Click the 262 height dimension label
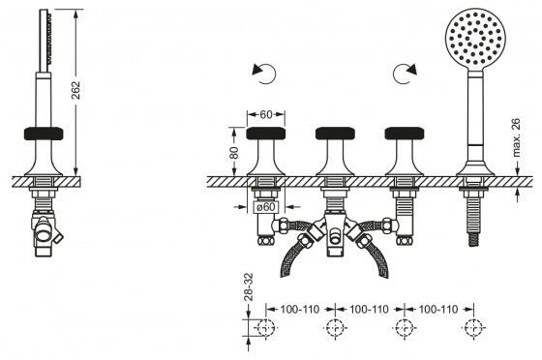(75, 90)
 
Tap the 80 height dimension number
(234, 152)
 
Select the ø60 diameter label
(266, 206)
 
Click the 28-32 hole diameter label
(249, 286)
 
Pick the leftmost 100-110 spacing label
(299, 310)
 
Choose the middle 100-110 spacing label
(369, 310)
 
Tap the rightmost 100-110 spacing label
(438, 310)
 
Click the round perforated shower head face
(474, 39)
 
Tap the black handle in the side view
(44, 134)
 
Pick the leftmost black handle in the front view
(266, 134)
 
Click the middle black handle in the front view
(335, 134)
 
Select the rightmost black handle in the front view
(405, 134)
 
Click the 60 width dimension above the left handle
(266, 114)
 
